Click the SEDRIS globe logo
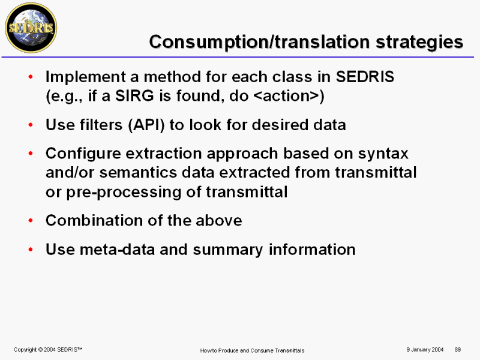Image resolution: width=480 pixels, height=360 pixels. (31, 28)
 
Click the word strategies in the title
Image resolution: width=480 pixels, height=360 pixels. (419, 42)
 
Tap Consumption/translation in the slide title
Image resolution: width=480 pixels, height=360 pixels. (259, 42)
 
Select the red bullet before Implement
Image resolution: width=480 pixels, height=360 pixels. (31, 77)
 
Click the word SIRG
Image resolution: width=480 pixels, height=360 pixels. (134, 96)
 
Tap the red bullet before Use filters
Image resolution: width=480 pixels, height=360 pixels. (31, 125)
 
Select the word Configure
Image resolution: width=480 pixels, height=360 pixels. (83, 154)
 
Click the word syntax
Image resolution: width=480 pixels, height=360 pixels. (383, 154)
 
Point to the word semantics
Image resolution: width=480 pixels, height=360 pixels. (138, 173)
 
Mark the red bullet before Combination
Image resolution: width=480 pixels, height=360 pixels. (31, 220)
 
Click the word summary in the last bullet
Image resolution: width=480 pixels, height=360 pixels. (228, 250)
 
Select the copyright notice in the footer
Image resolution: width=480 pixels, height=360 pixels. (48, 350)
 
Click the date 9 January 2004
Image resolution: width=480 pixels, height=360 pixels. (425, 350)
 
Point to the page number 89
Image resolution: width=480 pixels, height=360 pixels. (458, 350)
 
